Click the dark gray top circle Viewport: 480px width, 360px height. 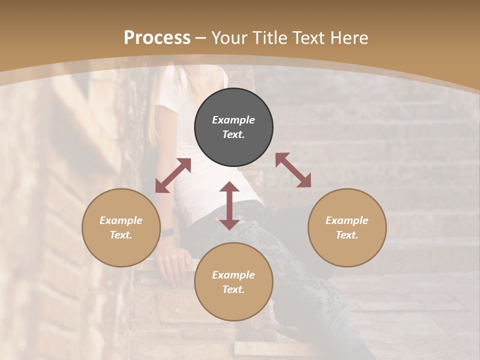pyautogui.click(x=233, y=127)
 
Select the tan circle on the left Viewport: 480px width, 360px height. pyautogui.click(x=121, y=227)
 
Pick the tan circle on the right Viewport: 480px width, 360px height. pyautogui.click(x=347, y=227)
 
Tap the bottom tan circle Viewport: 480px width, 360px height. pyautogui.click(x=233, y=282)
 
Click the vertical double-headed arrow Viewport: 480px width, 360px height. pyautogui.click(x=229, y=205)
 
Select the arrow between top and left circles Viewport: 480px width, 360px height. pyautogui.click(x=173, y=175)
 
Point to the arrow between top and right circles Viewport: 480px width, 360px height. pyautogui.click(x=293, y=170)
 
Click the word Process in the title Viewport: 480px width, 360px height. pyautogui.click(x=157, y=38)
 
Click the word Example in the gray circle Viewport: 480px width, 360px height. pyautogui.click(x=233, y=120)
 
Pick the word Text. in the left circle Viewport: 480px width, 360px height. pyautogui.click(x=121, y=235)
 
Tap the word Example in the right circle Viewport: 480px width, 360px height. pyautogui.click(x=347, y=220)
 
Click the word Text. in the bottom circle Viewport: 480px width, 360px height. pyautogui.click(x=233, y=289)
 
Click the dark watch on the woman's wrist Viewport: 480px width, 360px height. pyautogui.click(x=167, y=232)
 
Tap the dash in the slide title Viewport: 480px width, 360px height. pyautogui.click(x=201, y=38)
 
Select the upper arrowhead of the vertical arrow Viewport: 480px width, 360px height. pyautogui.click(x=229, y=187)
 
